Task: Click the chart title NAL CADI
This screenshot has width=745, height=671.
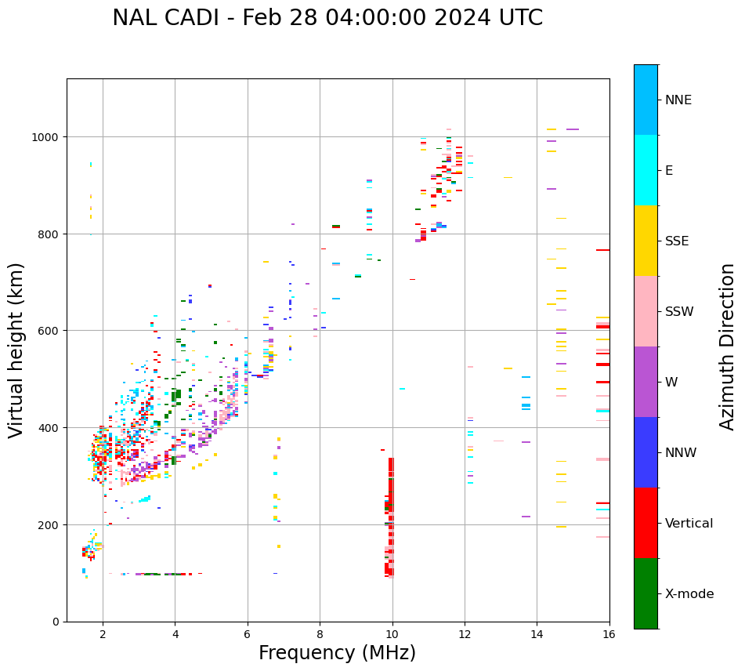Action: pyautogui.click(x=327, y=18)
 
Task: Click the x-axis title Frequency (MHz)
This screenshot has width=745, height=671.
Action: pyautogui.click(x=337, y=653)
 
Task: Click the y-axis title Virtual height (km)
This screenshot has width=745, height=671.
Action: pyautogui.click(x=16, y=350)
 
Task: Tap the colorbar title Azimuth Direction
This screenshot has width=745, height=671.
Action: pyautogui.click(x=728, y=346)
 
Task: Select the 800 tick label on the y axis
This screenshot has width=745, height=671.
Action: pyautogui.click(x=50, y=234)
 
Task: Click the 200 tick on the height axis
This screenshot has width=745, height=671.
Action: pyautogui.click(x=50, y=524)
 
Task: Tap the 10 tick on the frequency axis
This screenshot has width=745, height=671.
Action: pyautogui.click(x=392, y=633)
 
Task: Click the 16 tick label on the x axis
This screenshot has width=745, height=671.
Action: pyautogui.click(x=609, y=633)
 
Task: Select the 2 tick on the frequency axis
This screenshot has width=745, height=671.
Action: pyautogui.click(x=103, y=633)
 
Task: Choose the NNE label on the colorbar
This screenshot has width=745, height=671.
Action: pyautogui.click(x=678, y=100)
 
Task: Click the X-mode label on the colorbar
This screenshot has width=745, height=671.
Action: pyautogui.click(x=689, y=593)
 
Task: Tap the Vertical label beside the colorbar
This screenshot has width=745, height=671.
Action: pyautogui.click(x=689, y=523)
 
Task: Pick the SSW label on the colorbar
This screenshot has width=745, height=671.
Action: pyautogui.click(x=679, y=311)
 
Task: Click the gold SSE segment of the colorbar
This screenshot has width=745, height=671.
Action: pyautogui.click(x=646, y=241)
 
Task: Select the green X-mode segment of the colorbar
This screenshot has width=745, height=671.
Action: pyautogui.click(x=646, y=593)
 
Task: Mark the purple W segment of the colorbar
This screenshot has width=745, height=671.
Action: pyautogui.click(x=646, y=382)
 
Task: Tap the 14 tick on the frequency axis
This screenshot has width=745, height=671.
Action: pyautogui.click(x=537, y=633)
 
